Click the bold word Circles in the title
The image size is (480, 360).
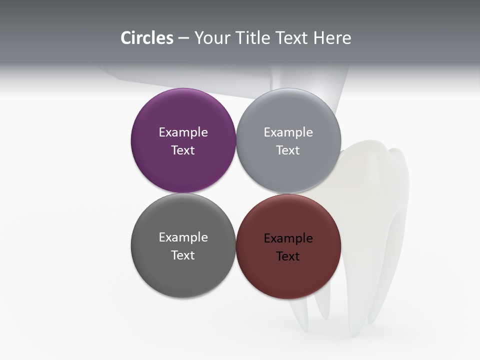pyautogui.click(x=147, y=38)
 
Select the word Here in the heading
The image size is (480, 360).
pyautogui.click(x=332, y=38)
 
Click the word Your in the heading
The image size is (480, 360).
pyautogui.click(x=212, y=38)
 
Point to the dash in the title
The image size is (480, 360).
pyautogui.click(x=183, y=38)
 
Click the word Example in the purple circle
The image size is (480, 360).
pyautogui.click(x=183, y=132)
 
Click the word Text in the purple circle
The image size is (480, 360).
pyautogui.click(x=183, y=150)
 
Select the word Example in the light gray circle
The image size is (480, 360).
pyautogui.click(x=288, y=132)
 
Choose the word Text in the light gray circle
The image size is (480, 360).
pyautogui.click(x=288, y=150)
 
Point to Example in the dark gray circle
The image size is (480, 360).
pyautogui.click(x=183, y=237)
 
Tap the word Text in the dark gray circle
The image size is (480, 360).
pyautogui.click(x=183, y=255)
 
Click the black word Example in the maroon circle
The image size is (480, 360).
pyautogui.click(x=288, y=238)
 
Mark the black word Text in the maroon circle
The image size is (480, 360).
pyautogui.click(x=288, y=256)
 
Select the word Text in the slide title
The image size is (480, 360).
pyautogui.click(x=292, y=38)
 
